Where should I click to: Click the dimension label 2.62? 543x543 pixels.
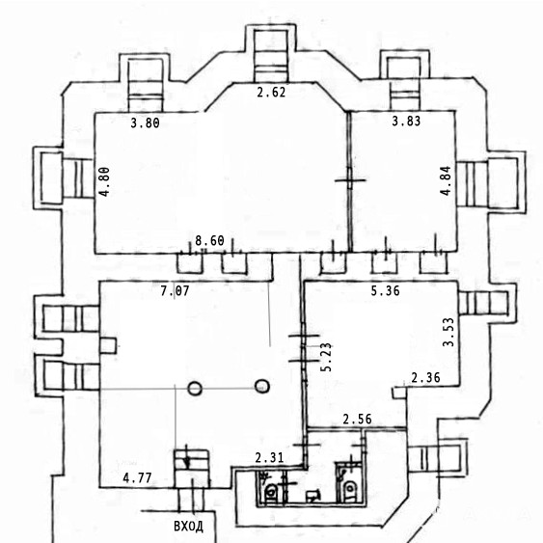(x=271, y=93)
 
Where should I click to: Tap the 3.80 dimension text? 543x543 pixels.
(x=145, y=122)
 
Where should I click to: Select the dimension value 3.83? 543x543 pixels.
(x=406, y=121)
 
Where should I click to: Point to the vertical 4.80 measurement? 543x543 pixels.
(x=104, y=182)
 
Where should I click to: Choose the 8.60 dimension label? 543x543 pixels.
(x=209, y=241)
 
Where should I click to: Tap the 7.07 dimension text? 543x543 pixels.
(x=175, y=291)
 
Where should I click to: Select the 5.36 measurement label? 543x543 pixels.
(x=385, y=291)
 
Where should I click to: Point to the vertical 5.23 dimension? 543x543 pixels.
(x=326, y=357)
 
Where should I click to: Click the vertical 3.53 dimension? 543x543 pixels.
(x=448, y=332)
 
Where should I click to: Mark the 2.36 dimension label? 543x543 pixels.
(x=425, y=377)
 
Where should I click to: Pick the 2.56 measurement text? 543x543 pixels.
(x=358, y=420)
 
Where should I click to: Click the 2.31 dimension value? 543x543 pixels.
(x=269, y=458)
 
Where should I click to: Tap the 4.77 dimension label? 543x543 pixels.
(x=137, y=478)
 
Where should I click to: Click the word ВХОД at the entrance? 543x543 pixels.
(x=188, y=527)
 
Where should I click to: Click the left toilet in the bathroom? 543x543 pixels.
(x=271, y=491)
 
